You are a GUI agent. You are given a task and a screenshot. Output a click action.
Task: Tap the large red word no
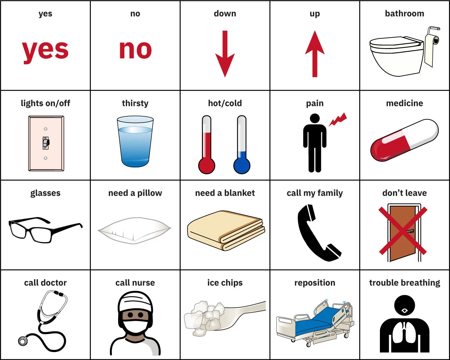click(x=135, y=50)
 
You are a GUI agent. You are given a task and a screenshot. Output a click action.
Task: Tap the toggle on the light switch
click(x=46, y=142)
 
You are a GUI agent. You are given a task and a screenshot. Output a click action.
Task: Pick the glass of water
click(x=135, y=142)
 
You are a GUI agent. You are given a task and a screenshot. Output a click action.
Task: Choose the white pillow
click(x=135, y=230)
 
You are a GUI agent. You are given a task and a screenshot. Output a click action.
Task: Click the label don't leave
click(x=404, y=193)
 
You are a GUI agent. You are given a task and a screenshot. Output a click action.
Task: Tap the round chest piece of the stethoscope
click(x=23, y=341)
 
